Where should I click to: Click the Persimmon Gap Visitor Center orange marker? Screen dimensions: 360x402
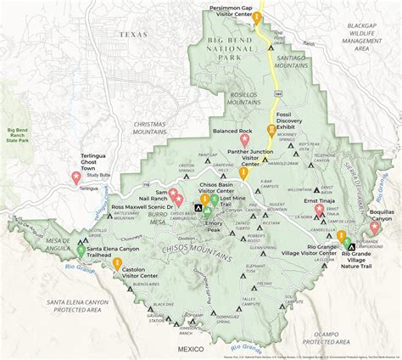pos(257,17)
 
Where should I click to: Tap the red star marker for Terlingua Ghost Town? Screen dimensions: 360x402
pos(76,177)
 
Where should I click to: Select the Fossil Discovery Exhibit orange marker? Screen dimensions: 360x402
pos(271,131)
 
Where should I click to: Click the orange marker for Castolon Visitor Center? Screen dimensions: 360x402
pos(117,264)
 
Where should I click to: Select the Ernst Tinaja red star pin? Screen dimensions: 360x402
pos(319,209)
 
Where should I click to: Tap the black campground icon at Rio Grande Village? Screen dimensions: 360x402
pos(351,246)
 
